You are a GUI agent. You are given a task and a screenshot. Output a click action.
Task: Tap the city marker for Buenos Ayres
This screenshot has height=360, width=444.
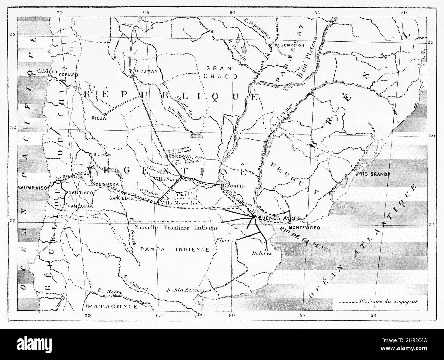(255, 218)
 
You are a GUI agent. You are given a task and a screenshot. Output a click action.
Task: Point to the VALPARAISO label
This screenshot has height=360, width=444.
(32, 188)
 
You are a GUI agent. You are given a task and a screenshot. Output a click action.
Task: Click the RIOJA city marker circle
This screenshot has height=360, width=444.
(105, 115)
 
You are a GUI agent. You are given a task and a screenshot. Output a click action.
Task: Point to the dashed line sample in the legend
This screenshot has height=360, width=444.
(345, 302)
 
